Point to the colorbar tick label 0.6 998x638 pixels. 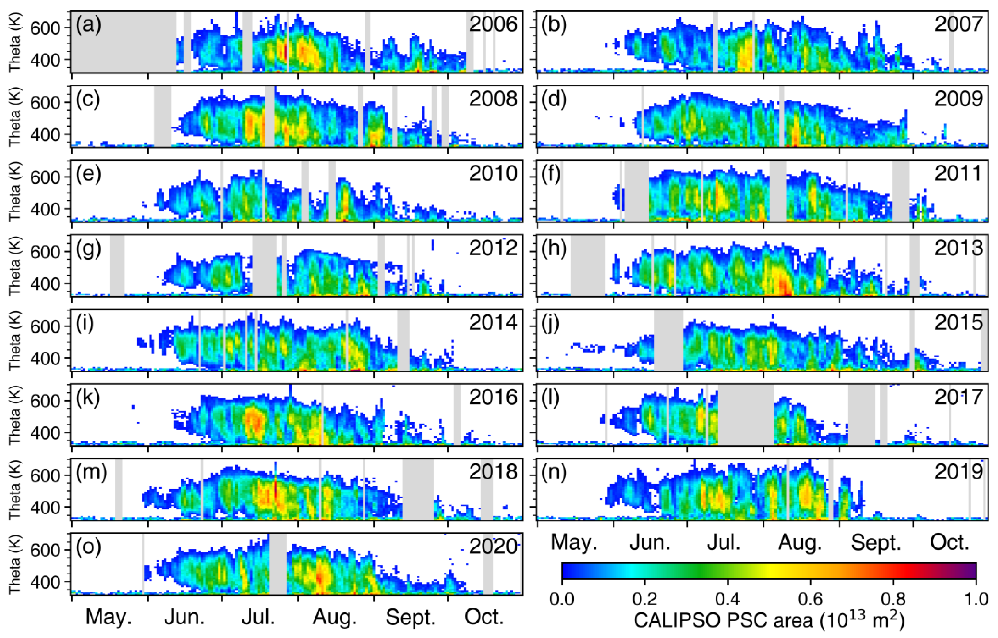(810, 599)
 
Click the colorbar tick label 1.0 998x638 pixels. (976, 599)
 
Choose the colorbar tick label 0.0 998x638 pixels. (562, 599)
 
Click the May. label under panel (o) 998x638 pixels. (109, 617)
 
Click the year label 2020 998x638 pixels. (493, 547)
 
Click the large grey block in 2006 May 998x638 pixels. (124, 42)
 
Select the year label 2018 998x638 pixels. (493, 472)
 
